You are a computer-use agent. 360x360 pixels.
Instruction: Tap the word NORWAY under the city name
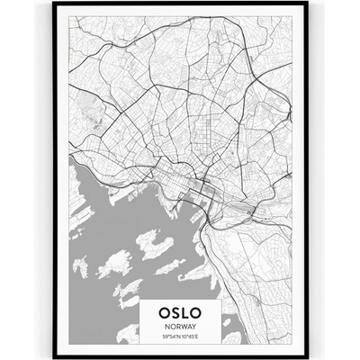(180, 327)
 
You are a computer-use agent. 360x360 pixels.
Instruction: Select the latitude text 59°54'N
(170, 337)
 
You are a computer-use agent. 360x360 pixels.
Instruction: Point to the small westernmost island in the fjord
(80, 266)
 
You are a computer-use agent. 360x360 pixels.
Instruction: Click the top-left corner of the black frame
(55, 4)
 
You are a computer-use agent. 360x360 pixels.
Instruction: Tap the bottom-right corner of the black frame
(305, 356)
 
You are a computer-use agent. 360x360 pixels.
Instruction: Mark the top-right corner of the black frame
(305, 4)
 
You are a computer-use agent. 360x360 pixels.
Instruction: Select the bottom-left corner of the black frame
(55, 356)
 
